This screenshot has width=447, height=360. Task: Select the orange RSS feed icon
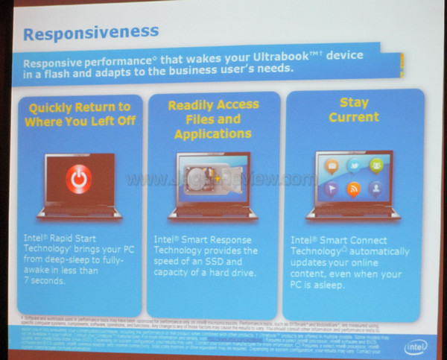click(354, 188)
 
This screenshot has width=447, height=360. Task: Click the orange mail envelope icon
click(332, 165)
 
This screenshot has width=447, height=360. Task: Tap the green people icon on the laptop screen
click(376, 165)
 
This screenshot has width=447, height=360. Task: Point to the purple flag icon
click(332, 188)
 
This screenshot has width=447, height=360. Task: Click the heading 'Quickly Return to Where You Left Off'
click(79, 113)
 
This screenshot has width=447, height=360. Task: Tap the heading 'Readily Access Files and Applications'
click(213, 119)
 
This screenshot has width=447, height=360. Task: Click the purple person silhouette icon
click(376, 188)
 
